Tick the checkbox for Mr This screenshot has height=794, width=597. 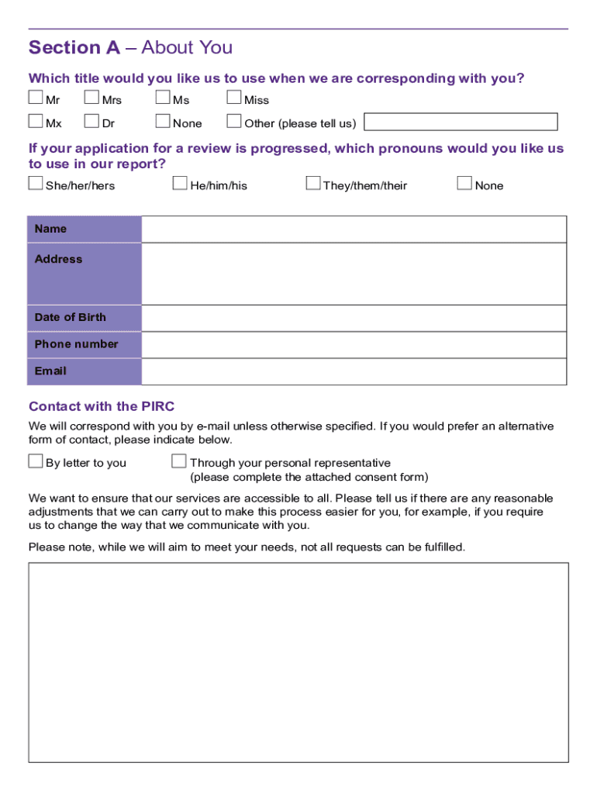[36, 98]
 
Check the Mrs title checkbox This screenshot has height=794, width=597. [92, 98]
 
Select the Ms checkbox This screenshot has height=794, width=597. [163, 98]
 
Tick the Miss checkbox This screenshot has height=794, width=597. [234, 98]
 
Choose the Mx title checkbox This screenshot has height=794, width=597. [36, 121]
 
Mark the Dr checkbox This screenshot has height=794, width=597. [92, 121]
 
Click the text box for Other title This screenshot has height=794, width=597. [461, 122]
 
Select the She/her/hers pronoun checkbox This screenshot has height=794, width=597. [36, 183]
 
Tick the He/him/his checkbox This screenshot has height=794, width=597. [180, 183]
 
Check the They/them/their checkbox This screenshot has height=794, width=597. [313, 183]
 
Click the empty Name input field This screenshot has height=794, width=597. [354, 230]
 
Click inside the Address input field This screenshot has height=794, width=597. [354, 274]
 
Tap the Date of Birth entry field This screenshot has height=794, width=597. [354, 318]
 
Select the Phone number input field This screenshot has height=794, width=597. [354, 344]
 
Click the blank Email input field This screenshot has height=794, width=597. [354, 371]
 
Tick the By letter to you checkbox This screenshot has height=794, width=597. [36, 461]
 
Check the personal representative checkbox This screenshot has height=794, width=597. [179, 461]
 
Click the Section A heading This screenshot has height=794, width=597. [130, 48]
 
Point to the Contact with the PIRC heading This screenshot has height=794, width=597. [102, 406]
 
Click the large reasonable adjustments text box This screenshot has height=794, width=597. [298, 662]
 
